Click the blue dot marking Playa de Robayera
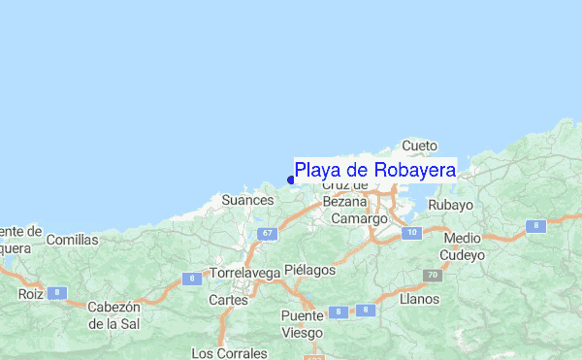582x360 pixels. click(291, 180)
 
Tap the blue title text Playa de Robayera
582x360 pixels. click(375, 171)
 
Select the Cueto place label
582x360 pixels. click(419, 146)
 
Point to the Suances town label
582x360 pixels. click(247, 201)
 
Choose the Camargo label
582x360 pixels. click(359, 219)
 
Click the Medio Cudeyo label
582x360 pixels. click(463, 246)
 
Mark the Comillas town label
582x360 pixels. click(73, 240)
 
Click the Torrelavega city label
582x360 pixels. click(244, 274)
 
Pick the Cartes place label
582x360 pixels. click(228, 301)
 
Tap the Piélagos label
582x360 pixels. click(310, 270)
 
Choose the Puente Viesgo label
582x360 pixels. click(303, 325)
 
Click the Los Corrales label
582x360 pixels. click(229, 351)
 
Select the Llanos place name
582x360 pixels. click(419, 299)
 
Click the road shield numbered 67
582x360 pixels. click(268, 234)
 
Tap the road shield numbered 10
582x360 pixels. click(412, 232)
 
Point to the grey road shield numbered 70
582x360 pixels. click(432, 276)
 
